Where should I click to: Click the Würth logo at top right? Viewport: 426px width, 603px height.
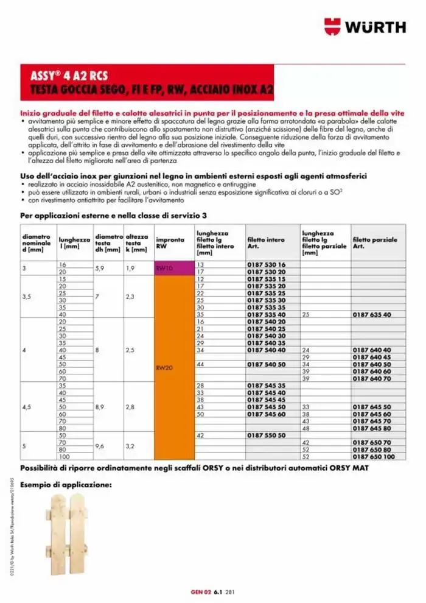(365, 27)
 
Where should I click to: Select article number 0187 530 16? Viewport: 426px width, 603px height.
(266, 264)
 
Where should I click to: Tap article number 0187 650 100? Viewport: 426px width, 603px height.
(373, 456)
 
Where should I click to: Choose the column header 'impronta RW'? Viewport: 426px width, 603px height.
(170, 242)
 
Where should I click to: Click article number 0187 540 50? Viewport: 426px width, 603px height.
(266, 364)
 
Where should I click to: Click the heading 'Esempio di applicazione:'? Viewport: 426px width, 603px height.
(66, 485)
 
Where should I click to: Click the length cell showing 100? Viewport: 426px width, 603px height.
(63, 456)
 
